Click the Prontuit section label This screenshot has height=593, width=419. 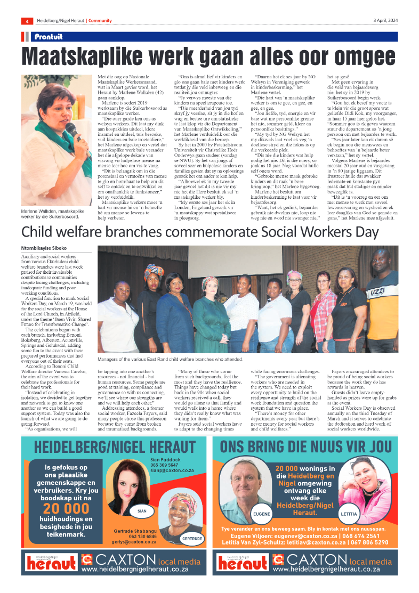(x=49, y=37)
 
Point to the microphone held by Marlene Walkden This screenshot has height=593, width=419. (x=70, y=129)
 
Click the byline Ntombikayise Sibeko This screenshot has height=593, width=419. (x=44, y=248)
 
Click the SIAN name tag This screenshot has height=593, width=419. (x=142, y=510)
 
